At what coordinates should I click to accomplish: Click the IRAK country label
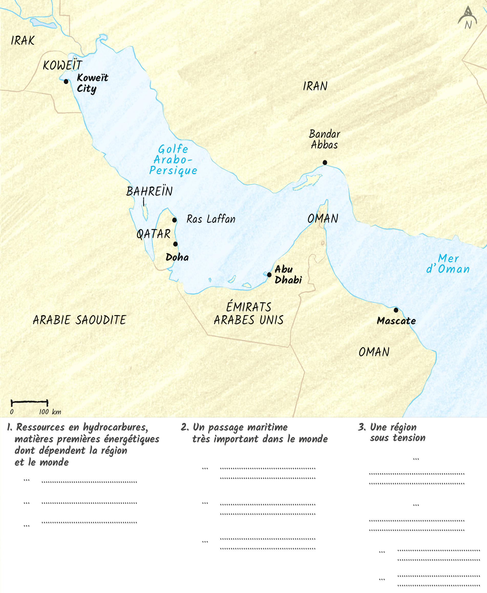(x=23, y=41)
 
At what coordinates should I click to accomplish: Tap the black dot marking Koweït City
(x=66, y=82)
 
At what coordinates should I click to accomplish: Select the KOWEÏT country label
(x=62, y=65)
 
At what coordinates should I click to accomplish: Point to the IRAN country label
(x=315, y=86)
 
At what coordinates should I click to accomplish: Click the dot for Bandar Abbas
(x=325, y=162)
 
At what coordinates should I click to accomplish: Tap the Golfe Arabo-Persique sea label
(x=173, y=160)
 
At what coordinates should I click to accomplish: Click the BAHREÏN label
(x=149, y=191)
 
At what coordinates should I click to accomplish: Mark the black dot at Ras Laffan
(x=174, y=220)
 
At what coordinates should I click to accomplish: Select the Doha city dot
(x=175, y=244)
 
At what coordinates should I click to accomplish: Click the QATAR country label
(x=153, y=234)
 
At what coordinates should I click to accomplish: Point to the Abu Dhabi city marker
(x=269, y=275)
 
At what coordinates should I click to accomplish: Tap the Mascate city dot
(x=396, y=310)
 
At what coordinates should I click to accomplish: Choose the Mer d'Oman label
(x=448, y=264)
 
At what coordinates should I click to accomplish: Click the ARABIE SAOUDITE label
(x=80, y=320)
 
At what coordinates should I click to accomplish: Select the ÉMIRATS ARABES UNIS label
(x=249, y=314)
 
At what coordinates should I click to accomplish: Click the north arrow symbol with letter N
(x=468, y=18)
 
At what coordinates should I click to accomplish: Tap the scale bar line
(x=29, y=402)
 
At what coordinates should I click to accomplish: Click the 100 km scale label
(x=50, y=412)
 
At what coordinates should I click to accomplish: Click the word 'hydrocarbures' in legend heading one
(x=115, y=428)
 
